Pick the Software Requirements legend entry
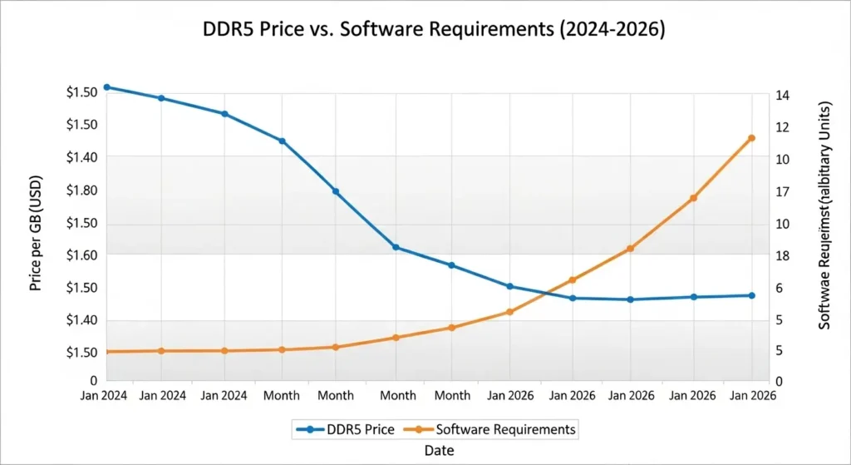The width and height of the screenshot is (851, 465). coord(490,429)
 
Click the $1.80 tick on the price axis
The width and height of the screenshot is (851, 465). coord(81,190)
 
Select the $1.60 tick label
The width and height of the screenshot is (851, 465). coord(81,255)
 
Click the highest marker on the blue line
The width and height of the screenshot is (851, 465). coord(106,87)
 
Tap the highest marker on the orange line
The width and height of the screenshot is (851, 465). coord(751,138)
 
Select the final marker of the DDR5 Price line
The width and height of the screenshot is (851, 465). coord(751,295)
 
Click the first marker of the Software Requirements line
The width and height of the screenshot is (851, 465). coord(106,352)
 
